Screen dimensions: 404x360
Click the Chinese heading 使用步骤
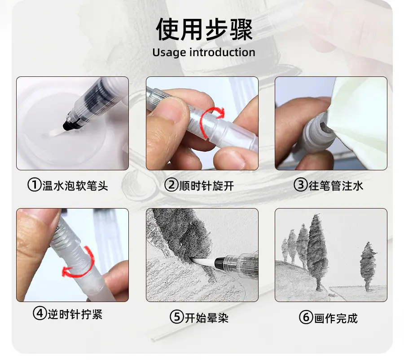click(204, 29)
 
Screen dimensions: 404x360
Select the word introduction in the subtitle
click(222, 52)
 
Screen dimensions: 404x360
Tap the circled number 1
click(35, 185)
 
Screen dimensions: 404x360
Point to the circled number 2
click(171, 185)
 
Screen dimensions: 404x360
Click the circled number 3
click(301, 185)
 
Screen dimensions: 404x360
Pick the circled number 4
click(40, 314)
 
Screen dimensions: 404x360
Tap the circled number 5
click(177, 317)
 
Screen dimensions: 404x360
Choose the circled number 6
click(306, 317)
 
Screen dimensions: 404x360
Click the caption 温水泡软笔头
click(75, 186)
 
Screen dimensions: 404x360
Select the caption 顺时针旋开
click(206, 186)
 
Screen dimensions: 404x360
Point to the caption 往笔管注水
click(336, 186)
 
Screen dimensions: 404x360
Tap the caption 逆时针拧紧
click(75, 314)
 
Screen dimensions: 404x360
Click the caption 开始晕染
click(206, 317)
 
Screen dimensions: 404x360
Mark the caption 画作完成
click(336, 318)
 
